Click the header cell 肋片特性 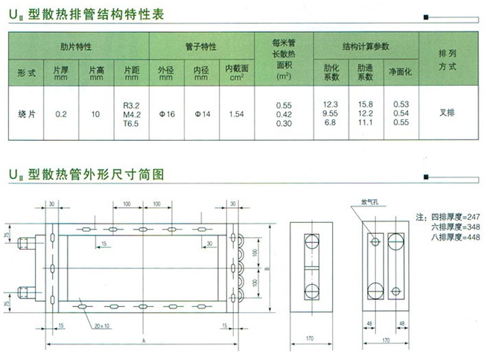pyautogui.click(x=77, y=47)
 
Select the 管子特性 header pyautogui.click(x=201, y=47)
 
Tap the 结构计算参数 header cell pyautogui.click(x=366, y=47)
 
